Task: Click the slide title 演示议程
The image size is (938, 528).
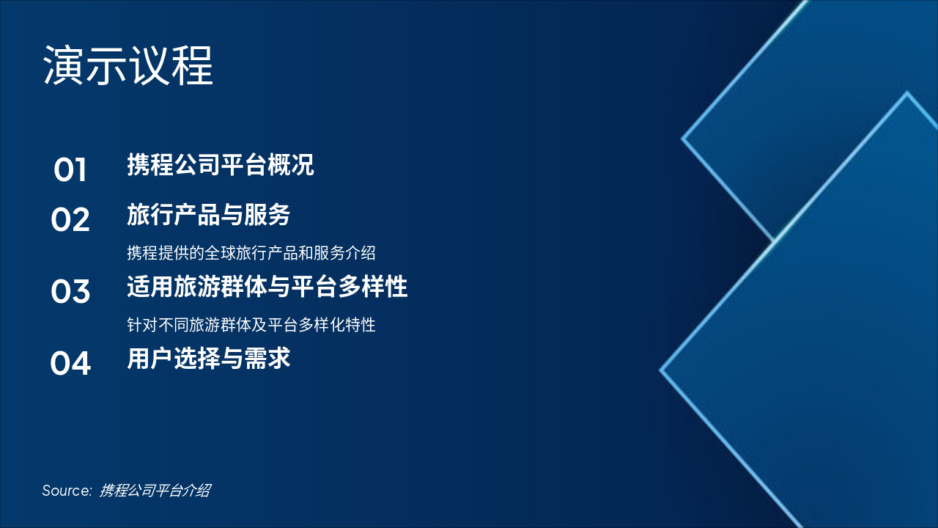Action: click(128, 66)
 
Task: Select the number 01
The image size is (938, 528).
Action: click(70, 170)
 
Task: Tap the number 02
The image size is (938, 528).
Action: click(70, 220)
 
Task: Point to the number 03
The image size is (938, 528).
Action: click(70, 292)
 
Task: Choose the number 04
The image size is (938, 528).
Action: click(70, 364)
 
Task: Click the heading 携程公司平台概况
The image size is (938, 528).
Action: click(220, 165)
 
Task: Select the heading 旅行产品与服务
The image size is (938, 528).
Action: click(208, 215)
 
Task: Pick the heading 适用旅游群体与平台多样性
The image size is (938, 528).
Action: click(267, 287)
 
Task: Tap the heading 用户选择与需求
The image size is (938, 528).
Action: click(208, 359)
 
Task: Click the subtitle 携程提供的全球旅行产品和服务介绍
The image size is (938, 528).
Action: click(251, 253)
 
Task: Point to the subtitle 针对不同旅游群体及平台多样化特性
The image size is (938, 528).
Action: click(251, 324)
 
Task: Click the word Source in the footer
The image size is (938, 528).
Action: click(66, 491)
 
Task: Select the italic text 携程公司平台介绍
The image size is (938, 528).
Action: click(155, 491)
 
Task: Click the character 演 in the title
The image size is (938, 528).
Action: click(64, 66)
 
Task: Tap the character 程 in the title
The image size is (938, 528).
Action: click(192, 66)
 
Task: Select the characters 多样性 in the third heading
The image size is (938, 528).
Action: click(372, 287)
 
